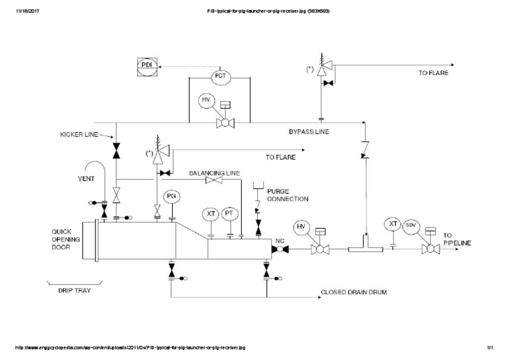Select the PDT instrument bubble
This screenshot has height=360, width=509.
click(x=221, y=77)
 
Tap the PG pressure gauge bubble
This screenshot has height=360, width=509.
click(x=172, y=197)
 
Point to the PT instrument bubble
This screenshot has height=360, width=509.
click(x=229, y=213)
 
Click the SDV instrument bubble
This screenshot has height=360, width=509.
click(x=411, y=225)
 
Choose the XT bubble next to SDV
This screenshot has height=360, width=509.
click(x=393, y=224)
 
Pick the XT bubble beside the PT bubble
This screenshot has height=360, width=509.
click(x=211, y=213)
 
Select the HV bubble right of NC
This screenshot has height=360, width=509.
click(x=302, y=227)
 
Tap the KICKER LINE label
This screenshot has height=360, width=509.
click(x=75, y=135)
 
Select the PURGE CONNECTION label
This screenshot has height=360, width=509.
click(x=287, y=195)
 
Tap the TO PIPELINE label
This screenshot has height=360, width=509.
click(x=457, y=239)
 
